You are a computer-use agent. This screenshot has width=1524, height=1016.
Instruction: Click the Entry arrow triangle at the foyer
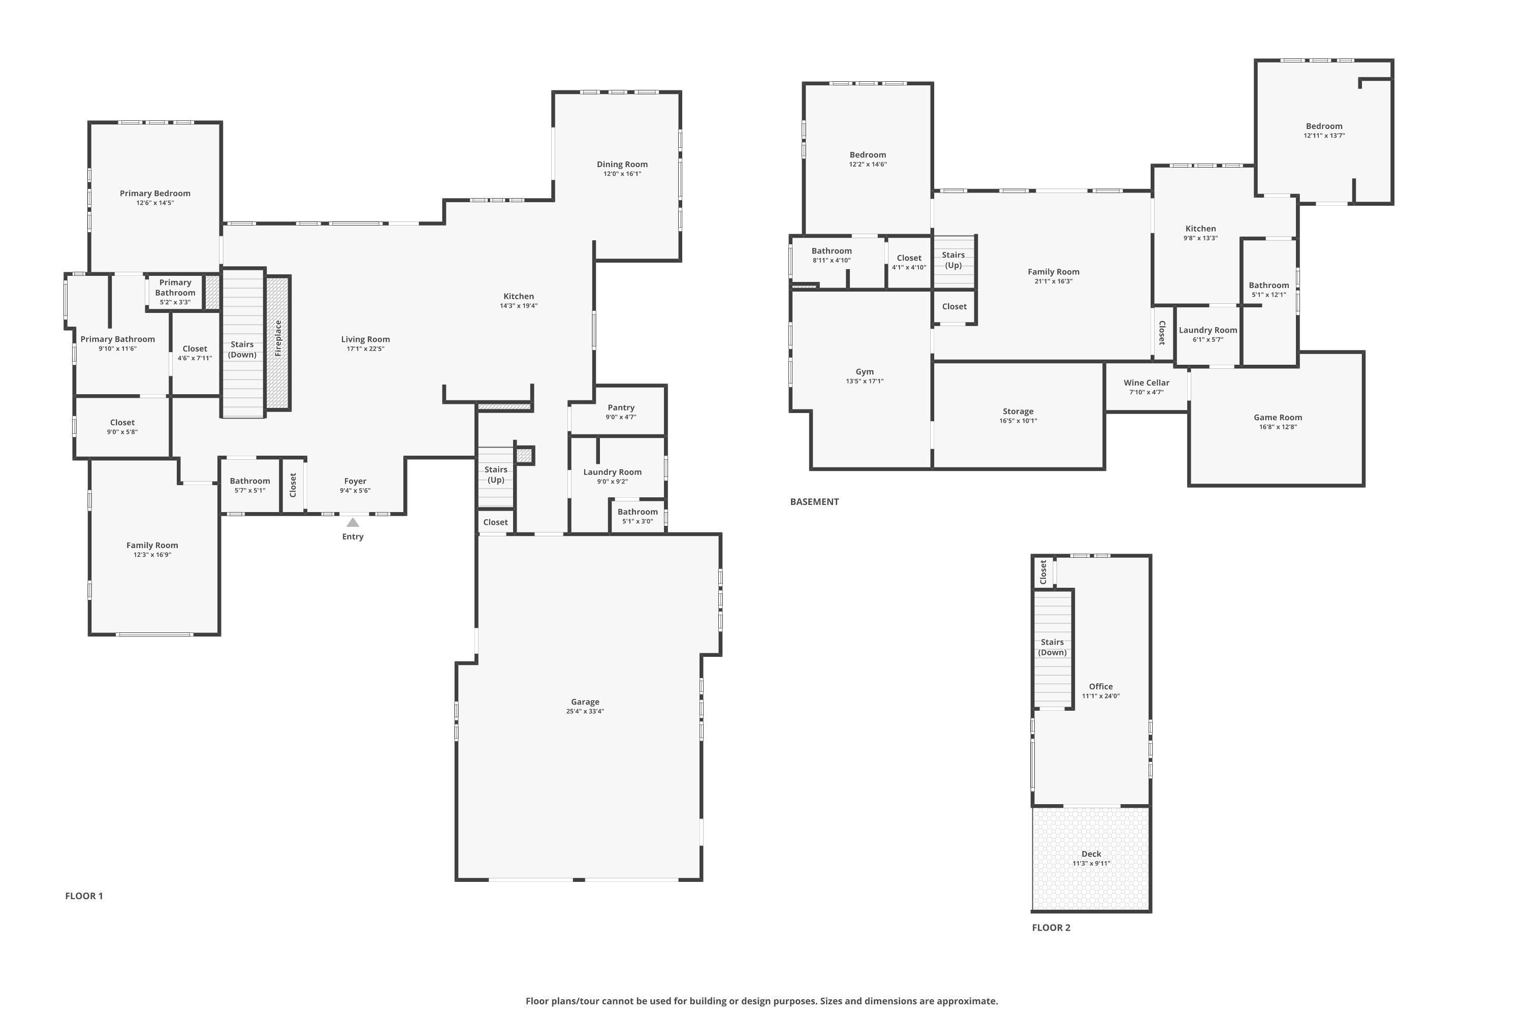click(x=353, y=522)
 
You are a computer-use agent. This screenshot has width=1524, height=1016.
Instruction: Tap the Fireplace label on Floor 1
click(x=278, y=338)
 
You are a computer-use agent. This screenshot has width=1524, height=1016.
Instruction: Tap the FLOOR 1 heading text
click(x=84, y=896)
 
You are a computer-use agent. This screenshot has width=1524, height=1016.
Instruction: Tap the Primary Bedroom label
click(x=155, y=193)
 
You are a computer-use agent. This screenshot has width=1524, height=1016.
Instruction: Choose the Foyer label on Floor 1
click(x=355, y=481)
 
